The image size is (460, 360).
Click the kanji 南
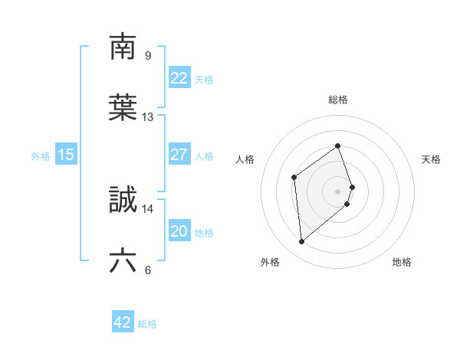123,47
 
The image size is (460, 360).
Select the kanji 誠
123,201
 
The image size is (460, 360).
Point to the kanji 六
123,262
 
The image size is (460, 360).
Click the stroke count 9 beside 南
148,55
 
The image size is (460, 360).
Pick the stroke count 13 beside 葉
148,117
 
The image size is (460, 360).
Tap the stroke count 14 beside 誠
148,208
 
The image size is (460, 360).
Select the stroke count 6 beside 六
148,270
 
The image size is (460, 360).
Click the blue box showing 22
179,78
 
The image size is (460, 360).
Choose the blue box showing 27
179,155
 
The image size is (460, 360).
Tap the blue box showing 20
179,231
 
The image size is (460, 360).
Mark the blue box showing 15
66,155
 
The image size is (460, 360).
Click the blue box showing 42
123,322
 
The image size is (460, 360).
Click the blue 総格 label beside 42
147,324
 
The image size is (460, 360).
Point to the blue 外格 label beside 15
41,156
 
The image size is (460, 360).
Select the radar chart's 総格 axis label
338,100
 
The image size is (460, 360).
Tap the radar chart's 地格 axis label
402,263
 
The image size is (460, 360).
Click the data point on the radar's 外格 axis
302,242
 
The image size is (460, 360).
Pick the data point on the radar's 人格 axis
294,178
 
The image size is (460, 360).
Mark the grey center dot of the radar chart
338,191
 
